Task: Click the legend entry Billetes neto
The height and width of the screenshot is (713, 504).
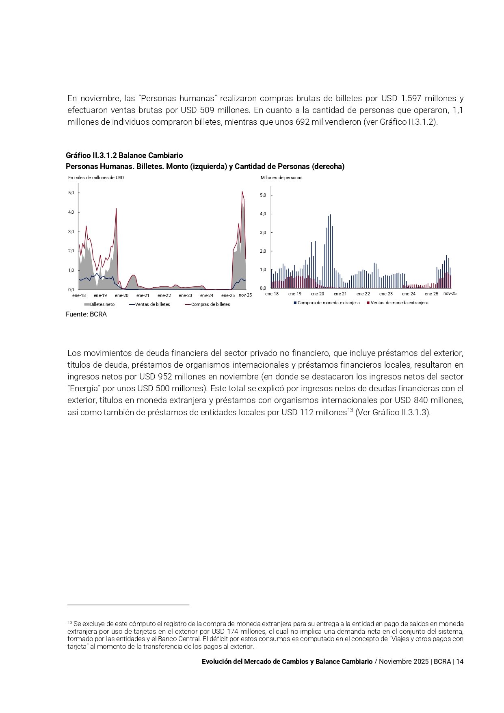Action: tap(102, 304)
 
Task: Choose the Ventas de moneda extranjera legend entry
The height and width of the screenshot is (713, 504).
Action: tap(399, 303)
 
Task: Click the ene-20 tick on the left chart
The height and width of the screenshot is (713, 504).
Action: tap(121, 295)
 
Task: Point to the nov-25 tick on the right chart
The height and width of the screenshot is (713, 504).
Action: tap(450, 293)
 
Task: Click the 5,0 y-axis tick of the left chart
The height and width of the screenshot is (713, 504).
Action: tap(71, 193)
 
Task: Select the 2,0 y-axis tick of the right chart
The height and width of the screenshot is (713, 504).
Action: tap(263, 251)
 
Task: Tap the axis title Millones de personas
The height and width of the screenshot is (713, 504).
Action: tap(281, 178)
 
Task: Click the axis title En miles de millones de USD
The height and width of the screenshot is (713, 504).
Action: tap(96, 178)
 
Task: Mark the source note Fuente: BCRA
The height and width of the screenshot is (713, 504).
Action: tap(86, 314)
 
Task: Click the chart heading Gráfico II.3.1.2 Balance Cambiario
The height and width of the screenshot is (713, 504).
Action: tap(124, 156)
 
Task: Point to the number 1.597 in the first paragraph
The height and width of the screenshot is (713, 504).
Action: tap(411, 98)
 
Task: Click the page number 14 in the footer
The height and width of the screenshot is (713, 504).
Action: tap(460, 661)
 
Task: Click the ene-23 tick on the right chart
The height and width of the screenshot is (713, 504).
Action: tap(386, 294)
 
